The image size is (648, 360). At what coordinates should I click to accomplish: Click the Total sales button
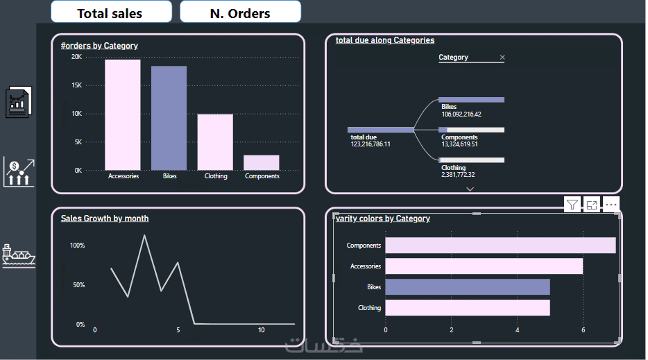pos(110,12)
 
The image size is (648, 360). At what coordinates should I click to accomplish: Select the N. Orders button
pos(240,12)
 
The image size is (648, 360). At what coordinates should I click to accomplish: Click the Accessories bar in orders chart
pos(123,114)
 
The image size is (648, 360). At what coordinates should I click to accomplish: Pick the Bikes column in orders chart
pos(169,118)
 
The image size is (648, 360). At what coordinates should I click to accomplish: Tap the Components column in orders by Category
pos(261,162)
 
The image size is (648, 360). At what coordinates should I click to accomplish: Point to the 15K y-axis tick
pos(76,85)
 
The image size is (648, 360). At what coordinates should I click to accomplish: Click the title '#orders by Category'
pos(99,46)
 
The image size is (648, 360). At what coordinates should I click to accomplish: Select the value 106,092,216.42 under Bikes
pos(461,114)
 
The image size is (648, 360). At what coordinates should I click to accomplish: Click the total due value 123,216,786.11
pos(370,144)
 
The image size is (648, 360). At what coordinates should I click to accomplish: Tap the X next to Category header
pos(502,58)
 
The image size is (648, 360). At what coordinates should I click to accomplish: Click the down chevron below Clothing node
pos(470,189)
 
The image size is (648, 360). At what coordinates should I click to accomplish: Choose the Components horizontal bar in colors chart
pos(500,246)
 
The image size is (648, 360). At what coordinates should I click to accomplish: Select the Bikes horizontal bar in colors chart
pos(467,286)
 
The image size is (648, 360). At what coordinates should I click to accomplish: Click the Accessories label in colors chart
pos(365,266)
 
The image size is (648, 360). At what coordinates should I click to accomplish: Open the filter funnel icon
pos(572,205)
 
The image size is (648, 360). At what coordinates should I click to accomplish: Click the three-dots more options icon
pos(611,205)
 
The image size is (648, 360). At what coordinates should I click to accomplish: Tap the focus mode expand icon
pos(591,205)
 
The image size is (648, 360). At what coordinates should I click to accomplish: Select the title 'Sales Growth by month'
pos(104,218)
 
